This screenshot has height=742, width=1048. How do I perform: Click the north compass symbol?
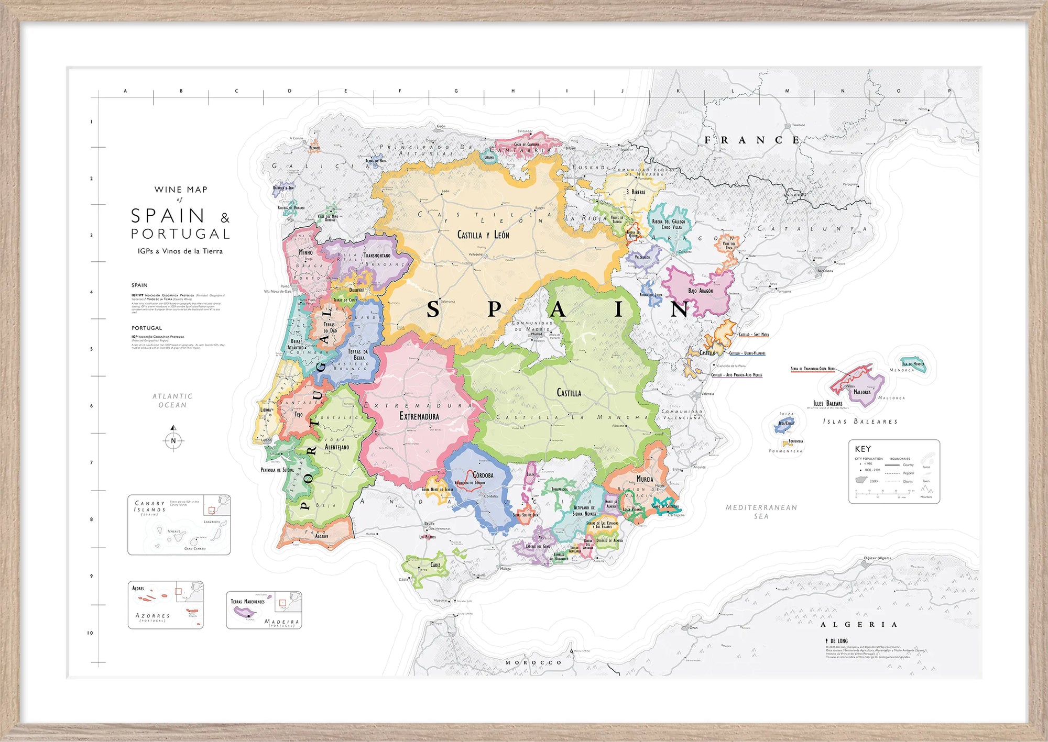point(173,440)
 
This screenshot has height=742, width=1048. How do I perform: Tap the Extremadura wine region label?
point(419,416)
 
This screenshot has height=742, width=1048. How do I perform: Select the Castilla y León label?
point(483,235)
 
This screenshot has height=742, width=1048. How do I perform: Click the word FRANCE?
point(752,140)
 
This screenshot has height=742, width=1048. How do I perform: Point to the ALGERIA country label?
point(859,625)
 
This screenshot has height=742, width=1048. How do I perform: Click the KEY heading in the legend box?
point(863,449)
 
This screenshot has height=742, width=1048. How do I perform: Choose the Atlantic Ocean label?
point(172,401)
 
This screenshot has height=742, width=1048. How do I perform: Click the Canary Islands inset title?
point(150,506)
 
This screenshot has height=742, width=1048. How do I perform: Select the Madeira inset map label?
point(282,622)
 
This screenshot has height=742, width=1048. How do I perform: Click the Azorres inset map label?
point(152,616)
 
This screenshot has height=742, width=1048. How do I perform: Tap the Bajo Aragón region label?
point(701,291)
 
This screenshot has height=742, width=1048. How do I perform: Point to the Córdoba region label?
point(483,475)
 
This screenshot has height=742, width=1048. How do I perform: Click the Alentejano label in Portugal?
point(336,447)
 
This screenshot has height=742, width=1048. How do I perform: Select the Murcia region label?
point(645,479)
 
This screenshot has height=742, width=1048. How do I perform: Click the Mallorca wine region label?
point(862,392)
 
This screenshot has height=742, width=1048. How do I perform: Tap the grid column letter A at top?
point(125,91)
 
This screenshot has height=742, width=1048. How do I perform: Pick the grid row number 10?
point(90,633)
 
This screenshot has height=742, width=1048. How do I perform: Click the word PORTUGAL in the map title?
point(180,234)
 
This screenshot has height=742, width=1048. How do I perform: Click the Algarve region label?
point(322,536)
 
